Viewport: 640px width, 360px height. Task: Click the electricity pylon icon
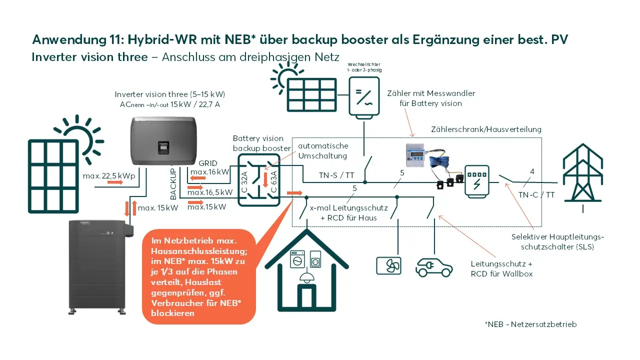[583, 177]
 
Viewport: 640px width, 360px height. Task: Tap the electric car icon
[434, 267]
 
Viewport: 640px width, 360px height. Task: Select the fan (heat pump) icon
[388, 266]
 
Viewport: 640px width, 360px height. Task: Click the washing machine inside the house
[297, 259]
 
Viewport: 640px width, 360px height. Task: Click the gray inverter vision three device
[163, 140]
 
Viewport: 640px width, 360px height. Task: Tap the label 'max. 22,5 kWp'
[109, 175]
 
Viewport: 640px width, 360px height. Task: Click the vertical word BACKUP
[173, 184]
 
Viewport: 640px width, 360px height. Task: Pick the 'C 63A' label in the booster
[273, 181]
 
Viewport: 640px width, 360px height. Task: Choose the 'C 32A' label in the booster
[244, 182]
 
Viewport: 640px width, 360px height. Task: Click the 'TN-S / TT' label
[336, 175]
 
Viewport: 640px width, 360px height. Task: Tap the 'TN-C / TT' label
[536, 195]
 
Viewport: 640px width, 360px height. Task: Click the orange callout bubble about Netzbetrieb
[198, 276]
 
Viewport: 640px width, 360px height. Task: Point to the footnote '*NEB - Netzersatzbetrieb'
[530, 324]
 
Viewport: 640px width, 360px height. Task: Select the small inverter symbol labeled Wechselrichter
[364, 97]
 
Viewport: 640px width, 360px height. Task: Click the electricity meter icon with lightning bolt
[476, 181]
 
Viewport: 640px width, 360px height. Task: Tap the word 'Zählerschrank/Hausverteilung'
[486, 129]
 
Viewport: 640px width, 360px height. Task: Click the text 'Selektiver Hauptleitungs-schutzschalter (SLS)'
[557, 241]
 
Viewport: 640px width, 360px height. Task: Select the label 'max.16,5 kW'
[210, 192]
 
